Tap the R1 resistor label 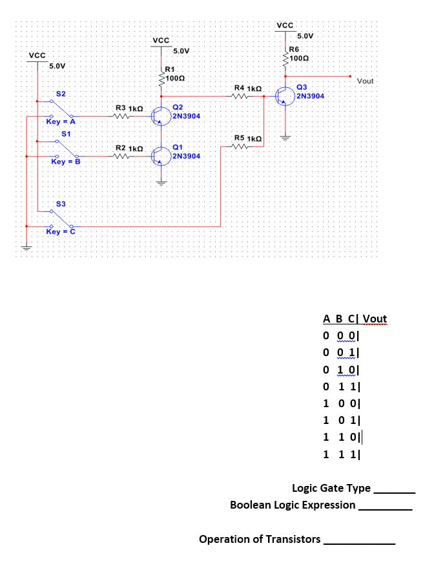(x=169, y=69)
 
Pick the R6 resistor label (x=294, y=49)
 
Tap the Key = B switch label (x=65, y=161)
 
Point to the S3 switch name (x=61, y=204)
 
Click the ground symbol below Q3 (x=285, y=137)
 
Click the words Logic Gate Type (x=331, y=488)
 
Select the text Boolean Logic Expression (x=293, y=505)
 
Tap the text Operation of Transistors (x=260, y=539)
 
